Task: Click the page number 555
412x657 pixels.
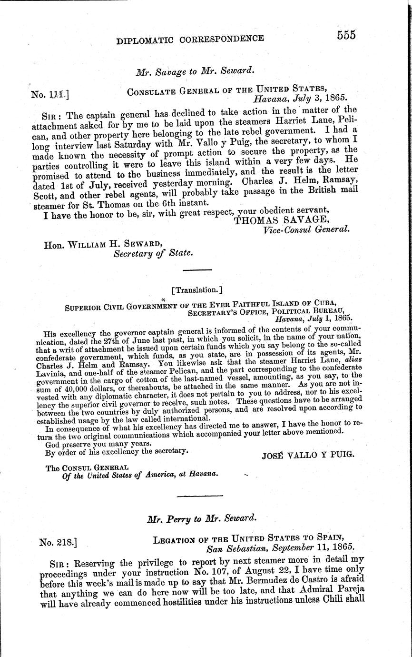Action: (x=340, y=35)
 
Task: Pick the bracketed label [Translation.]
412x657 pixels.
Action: (x=196, y=289)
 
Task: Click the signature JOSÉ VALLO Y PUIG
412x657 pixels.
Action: (x=308, y=455)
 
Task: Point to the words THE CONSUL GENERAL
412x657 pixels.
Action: (x=87, y=468)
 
